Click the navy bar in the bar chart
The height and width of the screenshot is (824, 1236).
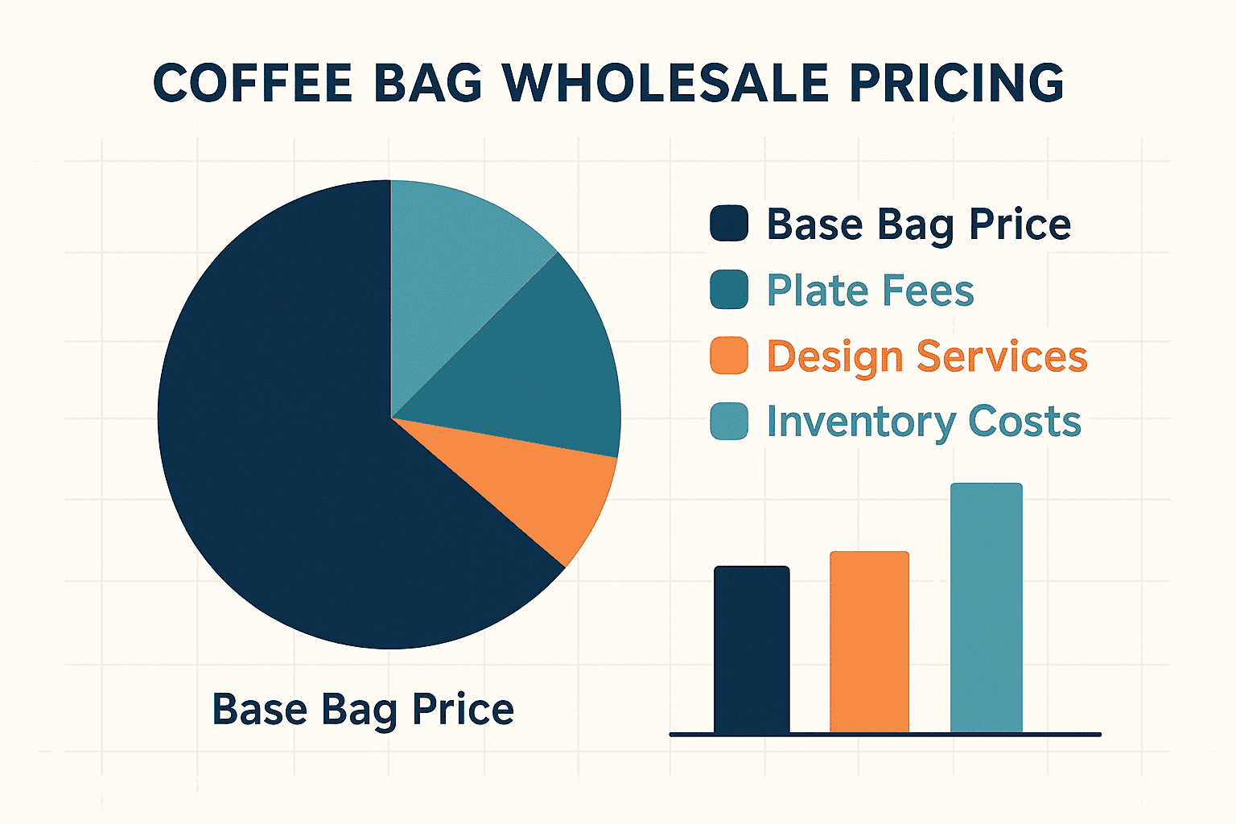[752, 649]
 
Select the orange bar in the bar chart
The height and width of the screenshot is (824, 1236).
[869, 642]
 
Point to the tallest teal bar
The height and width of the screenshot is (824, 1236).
[986, 608]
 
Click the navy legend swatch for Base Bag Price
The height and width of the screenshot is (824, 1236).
[729, 223]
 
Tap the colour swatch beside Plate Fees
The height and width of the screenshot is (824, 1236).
[729, 289]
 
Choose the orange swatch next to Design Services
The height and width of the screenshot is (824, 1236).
[729, 356]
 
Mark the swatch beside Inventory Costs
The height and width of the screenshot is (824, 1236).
[729, 421]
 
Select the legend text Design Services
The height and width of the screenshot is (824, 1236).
[927, 357]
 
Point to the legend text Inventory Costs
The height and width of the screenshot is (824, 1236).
[924, 422]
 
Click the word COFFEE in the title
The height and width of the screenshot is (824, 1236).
[252, 83]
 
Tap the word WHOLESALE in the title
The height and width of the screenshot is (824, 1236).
[665, 83]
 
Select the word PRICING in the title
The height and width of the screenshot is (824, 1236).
[957, 83]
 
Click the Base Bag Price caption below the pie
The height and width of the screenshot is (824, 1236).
[363, 711]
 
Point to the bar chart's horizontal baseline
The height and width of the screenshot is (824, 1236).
[885, 735]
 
